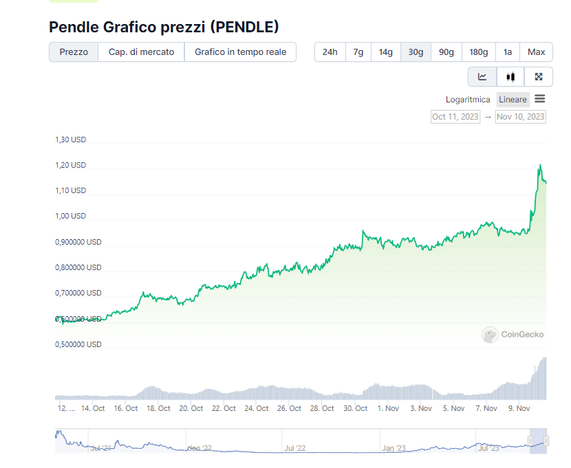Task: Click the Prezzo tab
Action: click(x=74, y=52)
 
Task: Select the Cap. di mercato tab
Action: click(x=141, y=52)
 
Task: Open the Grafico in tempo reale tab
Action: click(x=240, y=52)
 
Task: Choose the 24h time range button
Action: click(x=330, y=52)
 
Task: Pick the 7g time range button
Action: click(x=358, y=52)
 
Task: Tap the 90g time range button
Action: click(x=446, y=52)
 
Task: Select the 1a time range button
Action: click(x=508, y=52)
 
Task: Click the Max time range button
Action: click(x=536, y=52)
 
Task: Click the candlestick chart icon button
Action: click(x=510, y=77)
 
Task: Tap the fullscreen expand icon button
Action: click(x=539, y=77)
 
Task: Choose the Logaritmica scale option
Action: click(x=468, y=100)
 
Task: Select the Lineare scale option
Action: click(x=513, y=100)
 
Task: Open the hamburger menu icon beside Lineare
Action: click(x=540, y=99)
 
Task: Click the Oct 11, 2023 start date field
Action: click(x=455, y=117)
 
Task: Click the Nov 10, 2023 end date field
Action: click(x=520, y=117)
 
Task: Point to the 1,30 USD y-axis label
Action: click(x=71, y=140)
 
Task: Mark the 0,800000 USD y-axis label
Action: click(x=78, y=267)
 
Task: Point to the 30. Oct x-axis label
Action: click(x=356, y=408)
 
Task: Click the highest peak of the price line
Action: click(x=540, y=165)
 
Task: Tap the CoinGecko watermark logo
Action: click(x=513, y=335)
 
